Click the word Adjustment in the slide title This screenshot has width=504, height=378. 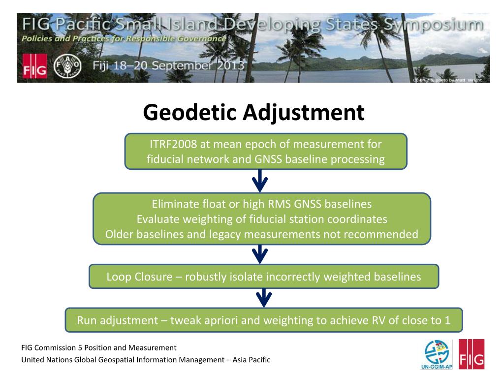pyautogui.click(x=304, y=113)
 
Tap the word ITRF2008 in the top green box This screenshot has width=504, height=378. pyautogui.click(x=173, y=144)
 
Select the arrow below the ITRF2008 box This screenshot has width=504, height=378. pyautogui.click(x=260, y=181)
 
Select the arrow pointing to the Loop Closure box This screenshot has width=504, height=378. pyautogui.click(x=260, y=254)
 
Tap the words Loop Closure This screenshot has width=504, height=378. pyautogui.click(x=139, y=277)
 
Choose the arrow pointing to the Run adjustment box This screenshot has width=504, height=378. pyautogui.click(x=264, y=298)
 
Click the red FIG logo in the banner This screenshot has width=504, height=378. pyautogui.click(x=35, y=66)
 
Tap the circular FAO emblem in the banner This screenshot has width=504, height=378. pyautogui.click(x=67, y=66)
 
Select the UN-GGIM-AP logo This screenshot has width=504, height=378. pyautogui.click(x=437, y=354)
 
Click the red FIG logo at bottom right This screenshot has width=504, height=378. pyautogui.click(x=472, y=354)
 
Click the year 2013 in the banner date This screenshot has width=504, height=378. pyautogui.click(x=230, y=65)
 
